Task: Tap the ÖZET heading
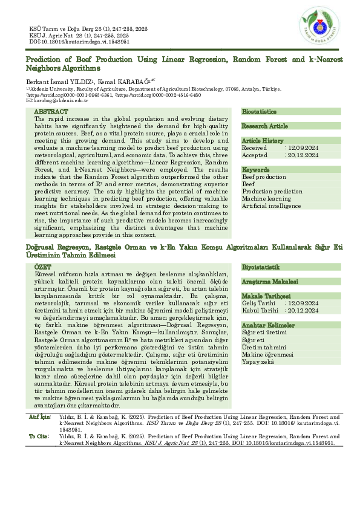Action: point(43,266)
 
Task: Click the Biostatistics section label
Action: point(259,112)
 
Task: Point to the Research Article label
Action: point(265,126)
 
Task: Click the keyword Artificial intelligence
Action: point(271,206)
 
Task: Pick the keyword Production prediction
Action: point(272,191)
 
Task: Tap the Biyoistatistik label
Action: point(261,267)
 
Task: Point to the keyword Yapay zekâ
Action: point(258,361)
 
